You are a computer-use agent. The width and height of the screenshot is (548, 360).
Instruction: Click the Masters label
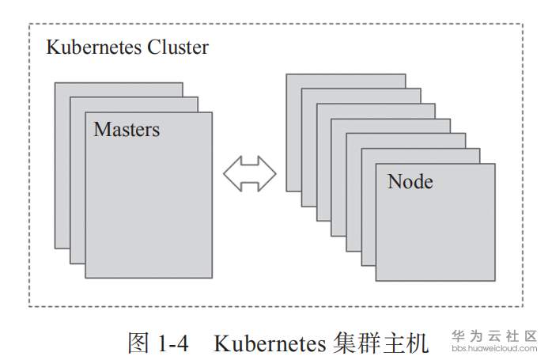(127, 130)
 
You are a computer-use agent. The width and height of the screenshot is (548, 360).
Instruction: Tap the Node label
(410, 182)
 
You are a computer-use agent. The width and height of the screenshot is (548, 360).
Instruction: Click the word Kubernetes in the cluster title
(94, 47)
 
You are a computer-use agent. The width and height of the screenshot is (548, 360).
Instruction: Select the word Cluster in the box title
(178, 47)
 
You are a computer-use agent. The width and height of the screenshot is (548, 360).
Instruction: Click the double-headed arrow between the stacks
(249, 173)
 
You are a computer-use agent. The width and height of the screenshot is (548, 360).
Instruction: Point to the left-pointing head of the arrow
(232, 173)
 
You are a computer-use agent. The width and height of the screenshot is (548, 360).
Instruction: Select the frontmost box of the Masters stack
(149, 206)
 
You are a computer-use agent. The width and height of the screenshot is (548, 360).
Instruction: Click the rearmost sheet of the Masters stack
(62, 158)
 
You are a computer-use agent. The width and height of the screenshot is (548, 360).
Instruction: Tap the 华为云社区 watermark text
(494, 335)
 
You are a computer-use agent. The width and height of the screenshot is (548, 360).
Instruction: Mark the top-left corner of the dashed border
(29, 24)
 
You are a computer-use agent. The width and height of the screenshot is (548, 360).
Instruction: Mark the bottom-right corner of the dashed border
(522, 306)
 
